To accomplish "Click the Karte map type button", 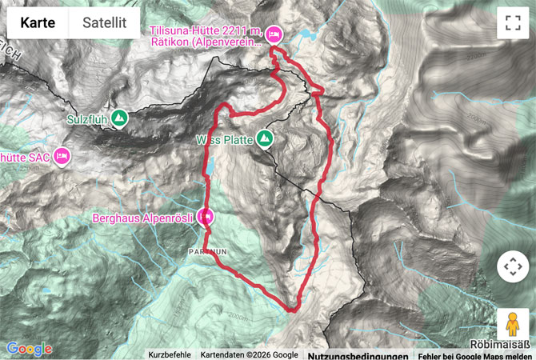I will click(x=38, y=23).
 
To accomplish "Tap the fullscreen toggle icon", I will click(x=512, y=23).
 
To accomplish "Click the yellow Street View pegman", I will click(x=512, y=325).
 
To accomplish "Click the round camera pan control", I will click(x=512, y=266).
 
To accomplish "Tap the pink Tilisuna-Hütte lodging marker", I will click(x=274, y=34).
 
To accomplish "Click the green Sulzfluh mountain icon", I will click(x=118, y=118).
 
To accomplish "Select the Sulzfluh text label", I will click(x=87, y=119).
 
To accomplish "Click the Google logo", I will click(x=29, y=349).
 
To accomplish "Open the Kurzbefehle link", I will click(x=170, y=354).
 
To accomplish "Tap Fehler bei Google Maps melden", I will click(x=474, y=354).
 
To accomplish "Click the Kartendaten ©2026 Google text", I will click(x=249, y=354).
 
